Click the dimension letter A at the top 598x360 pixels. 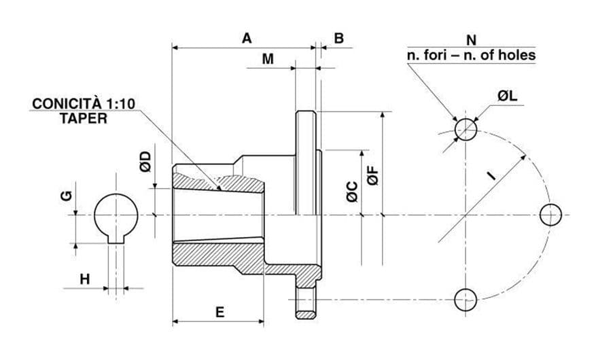pyautogui.click(x=247, y=39)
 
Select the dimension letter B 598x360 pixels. pyautogui.click(x=338, y=39)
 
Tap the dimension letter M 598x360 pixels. pyautogui.click(x=268, y=59)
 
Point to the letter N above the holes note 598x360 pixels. pyautogui.click(x=472, y=39)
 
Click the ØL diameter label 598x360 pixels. pyautogui.click(x=507, y=96)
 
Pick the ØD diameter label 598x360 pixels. pyautogui.click(x=145, y=162)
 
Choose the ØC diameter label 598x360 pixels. pyautogui.click(x=353, y=192)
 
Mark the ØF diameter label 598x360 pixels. pyautogui.click(x=374, y=175)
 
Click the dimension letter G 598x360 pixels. pyautogui.click(x=67, y=196)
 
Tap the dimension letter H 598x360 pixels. pyautogui.click(x=85, y=279)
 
